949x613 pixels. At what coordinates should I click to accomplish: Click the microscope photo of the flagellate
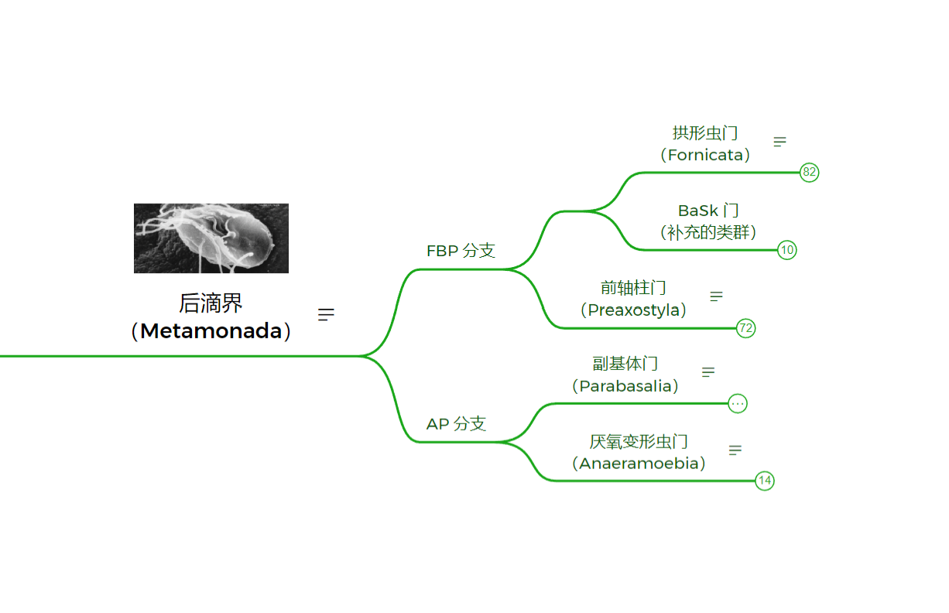coord(211,238)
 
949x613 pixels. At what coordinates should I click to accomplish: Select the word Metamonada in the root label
coord(211,330)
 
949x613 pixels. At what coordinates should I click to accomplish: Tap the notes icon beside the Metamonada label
coord(326,314)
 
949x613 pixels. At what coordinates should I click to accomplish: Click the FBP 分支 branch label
coord(461,251)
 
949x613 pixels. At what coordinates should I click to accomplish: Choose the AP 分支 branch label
coord(456,423)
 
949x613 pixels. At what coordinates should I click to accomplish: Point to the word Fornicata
coord(705,155)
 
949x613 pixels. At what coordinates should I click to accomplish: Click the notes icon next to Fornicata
coord(779,142)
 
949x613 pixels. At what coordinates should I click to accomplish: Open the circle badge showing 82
coord(809,173)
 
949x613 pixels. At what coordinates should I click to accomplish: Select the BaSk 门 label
coord(708,211)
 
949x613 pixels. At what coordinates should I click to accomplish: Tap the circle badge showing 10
coord(787,250)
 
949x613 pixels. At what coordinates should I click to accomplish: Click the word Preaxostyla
coord(633,310)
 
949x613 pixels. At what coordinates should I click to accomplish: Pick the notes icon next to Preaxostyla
coord(716,296)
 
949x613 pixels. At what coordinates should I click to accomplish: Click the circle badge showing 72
coord(745,328)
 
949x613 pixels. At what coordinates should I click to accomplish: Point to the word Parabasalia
coord(625,386)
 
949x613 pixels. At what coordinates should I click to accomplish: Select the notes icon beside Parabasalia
coord(708,372)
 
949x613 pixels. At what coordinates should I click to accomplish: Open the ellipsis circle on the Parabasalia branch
coord(738,404)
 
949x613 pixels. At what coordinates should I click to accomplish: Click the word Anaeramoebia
coord(639,464)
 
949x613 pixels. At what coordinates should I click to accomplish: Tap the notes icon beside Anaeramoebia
coord(735,450)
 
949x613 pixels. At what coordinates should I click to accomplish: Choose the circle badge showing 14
coord(765,481)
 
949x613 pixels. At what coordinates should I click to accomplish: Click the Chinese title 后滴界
coord(211,303)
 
